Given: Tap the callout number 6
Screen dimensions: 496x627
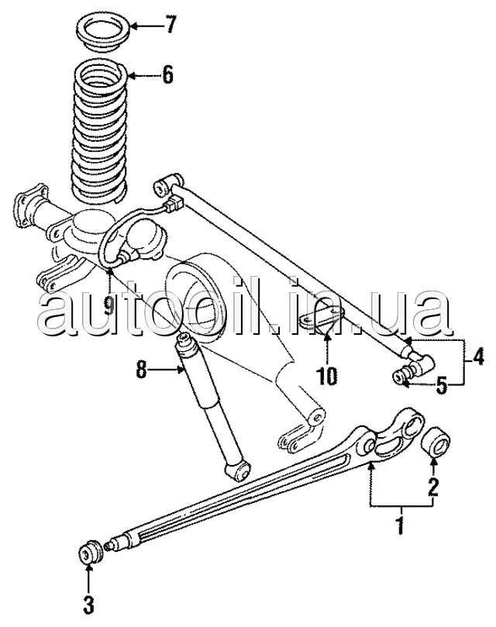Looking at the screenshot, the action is [168, 74].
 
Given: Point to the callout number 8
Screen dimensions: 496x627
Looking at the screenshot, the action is [142, 370].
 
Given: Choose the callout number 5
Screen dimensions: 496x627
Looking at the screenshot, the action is [441, 385].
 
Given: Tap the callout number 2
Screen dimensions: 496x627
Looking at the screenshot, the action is [433, 487].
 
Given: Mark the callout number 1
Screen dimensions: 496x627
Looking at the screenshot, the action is [401, 525].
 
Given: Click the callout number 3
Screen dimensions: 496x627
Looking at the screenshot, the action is [88, 605].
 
